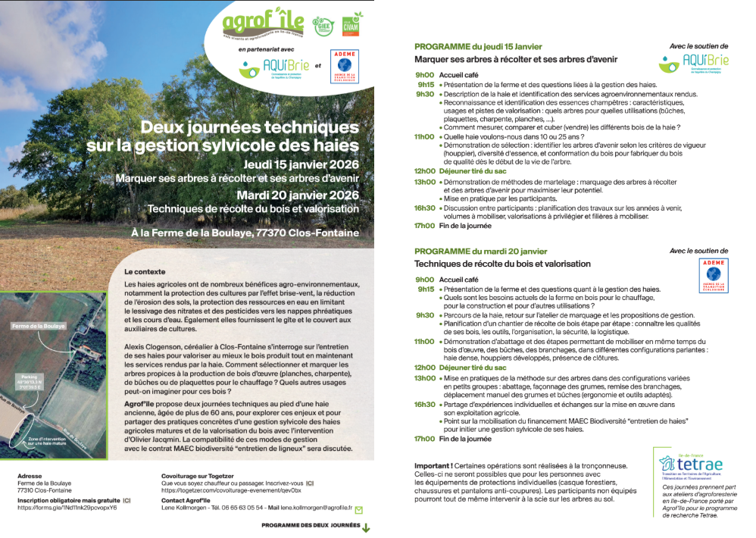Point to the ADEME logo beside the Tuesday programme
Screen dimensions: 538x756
tap(713, 277)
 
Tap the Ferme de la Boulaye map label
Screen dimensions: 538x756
tap(38, 326)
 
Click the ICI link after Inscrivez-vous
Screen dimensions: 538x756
tap(310, 483)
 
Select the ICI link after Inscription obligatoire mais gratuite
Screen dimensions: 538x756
tap(127, 500)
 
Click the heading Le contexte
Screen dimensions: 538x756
tap(145, 271)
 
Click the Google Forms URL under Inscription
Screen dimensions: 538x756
tap(67, 508)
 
